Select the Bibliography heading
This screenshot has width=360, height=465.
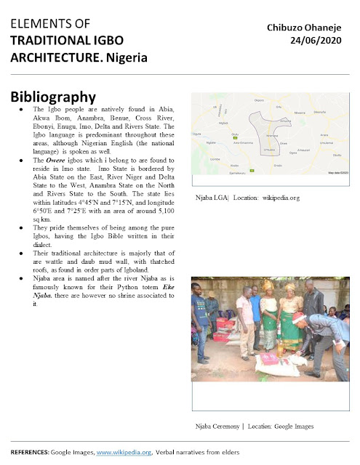pyautogui.click(x=54, y=97)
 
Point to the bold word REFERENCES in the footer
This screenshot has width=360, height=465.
pyautogui.click(x=31, y=452)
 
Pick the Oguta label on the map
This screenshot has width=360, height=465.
pyautogui.click(x=196, y=134)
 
